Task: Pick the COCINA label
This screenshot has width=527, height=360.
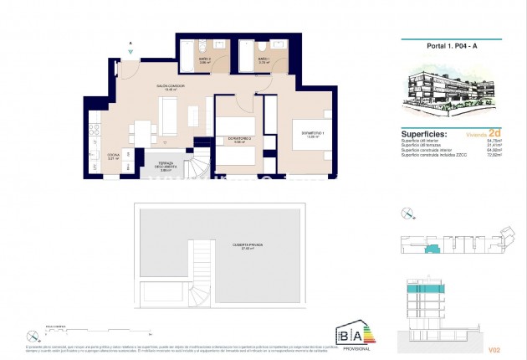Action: (114, 157)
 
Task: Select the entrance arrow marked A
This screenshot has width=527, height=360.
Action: (130, 50)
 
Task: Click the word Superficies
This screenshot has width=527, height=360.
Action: (425, 134)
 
